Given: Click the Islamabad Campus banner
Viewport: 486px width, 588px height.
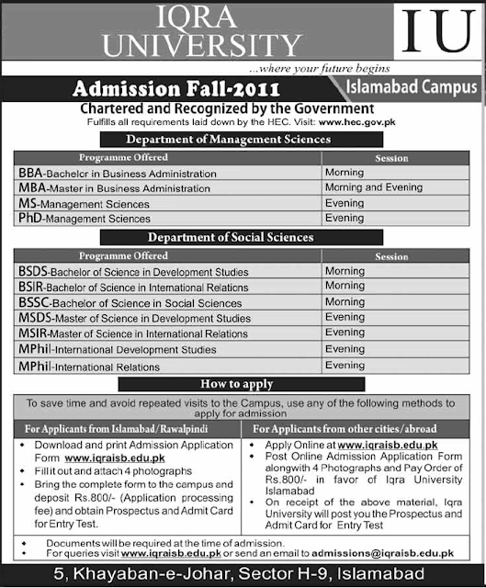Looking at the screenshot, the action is click(x=413, y=88).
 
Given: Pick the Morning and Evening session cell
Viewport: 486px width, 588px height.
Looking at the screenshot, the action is click(x=373, y=187).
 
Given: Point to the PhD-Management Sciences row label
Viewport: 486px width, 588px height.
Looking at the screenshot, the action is click(x=84, y=219).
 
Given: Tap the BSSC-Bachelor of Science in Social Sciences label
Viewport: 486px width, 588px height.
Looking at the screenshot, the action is click(x=130, y=302).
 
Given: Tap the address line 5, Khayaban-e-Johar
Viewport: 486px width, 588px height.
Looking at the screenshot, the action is click(x=243, y=575).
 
